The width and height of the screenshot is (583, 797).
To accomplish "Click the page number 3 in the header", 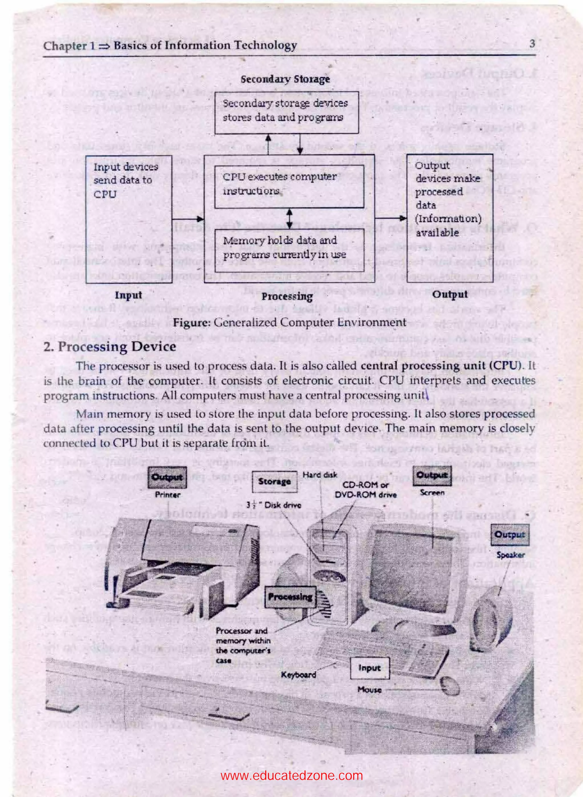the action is point(532,44).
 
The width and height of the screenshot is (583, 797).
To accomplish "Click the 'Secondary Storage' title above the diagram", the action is point(285,79).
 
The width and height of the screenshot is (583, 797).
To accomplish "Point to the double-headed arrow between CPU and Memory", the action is point(290,219).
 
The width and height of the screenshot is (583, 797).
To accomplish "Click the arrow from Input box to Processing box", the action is point(188,219).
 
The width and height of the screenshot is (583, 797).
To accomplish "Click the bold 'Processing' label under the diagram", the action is point(287,296).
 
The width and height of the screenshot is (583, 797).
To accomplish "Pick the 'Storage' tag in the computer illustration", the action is point(274,482).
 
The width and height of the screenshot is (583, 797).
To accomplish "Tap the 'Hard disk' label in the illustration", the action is point(320,475).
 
